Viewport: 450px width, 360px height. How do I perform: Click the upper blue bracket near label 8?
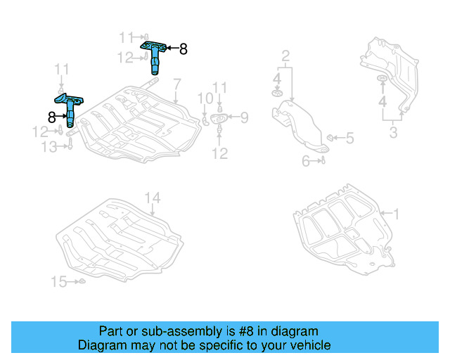155,56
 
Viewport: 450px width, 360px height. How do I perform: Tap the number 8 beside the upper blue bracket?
184,49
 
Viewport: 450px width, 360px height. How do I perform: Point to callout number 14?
153,198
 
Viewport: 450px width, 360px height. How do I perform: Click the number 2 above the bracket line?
285,56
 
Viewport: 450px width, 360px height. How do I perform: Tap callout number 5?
349,139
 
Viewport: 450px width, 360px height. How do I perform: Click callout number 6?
306,161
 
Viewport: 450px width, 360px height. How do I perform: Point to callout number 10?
204,98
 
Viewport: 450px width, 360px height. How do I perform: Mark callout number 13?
48,146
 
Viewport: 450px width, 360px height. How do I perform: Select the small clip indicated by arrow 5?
330,136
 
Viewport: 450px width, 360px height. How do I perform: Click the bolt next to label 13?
70,145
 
